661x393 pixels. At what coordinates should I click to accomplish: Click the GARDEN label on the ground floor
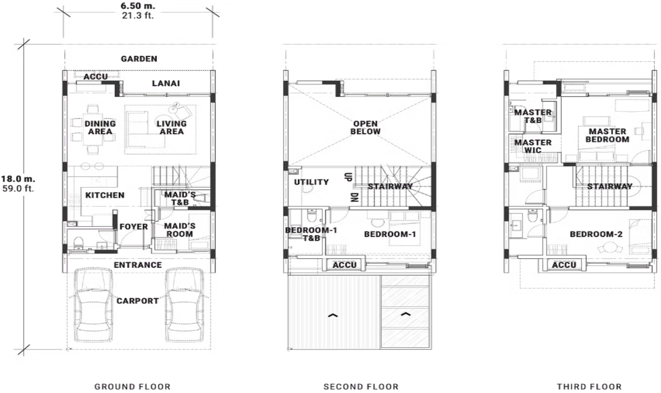[139, 59]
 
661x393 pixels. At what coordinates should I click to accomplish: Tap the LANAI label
[166, 84]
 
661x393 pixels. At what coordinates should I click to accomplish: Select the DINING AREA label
[100, 128]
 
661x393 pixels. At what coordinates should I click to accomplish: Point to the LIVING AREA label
[171, 128]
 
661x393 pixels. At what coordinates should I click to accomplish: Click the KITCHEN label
[105, 195]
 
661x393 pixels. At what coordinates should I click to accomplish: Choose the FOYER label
[134, 227]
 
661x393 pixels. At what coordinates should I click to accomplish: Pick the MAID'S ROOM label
[180, 230]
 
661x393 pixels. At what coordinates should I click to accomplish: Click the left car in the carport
[93, 307]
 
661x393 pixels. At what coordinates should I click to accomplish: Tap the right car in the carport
[186, 307]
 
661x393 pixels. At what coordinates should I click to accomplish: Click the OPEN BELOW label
[366, 128]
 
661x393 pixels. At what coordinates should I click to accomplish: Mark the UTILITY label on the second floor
[311, 182]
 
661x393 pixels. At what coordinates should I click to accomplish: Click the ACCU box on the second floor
[345, 265]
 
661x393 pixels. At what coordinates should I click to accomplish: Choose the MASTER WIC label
[533, 146]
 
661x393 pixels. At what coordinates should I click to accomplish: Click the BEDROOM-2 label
[596, 234]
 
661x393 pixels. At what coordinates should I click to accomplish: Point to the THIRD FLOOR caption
[589, 386]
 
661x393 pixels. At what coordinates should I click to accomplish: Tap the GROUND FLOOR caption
[132, 386]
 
